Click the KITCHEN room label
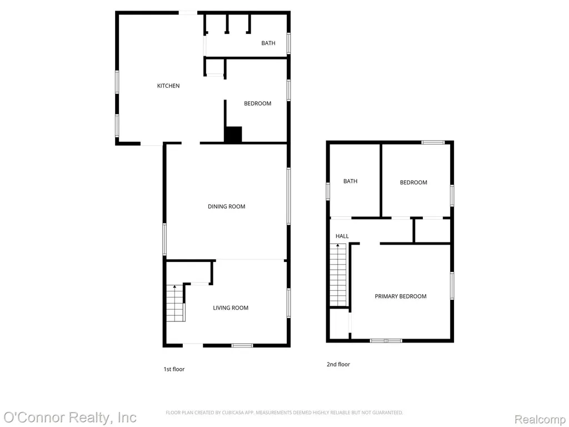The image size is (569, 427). [168, 86]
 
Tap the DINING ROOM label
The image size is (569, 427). [227, 206]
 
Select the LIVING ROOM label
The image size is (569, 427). [231, 307]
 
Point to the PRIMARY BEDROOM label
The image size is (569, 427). [400, 296]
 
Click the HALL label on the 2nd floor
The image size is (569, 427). [342, 236]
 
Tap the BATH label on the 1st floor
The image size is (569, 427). [268, 43]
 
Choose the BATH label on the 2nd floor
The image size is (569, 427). [350, 181]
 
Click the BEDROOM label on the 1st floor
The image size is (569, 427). [257, 103]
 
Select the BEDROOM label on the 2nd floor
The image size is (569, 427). [413, 182]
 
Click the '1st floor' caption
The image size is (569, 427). [174, 369]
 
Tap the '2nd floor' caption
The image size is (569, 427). [338, 364]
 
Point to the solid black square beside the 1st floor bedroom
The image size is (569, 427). [233, 135]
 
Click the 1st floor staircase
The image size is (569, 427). [176, 303]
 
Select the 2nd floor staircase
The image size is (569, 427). [338, 275]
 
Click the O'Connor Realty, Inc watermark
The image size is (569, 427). [69, 418]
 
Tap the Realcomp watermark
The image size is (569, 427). [540, 419]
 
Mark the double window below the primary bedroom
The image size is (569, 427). [386, 341]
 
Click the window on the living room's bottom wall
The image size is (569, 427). [242, 345]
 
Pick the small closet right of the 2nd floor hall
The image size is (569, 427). [432, 231]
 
